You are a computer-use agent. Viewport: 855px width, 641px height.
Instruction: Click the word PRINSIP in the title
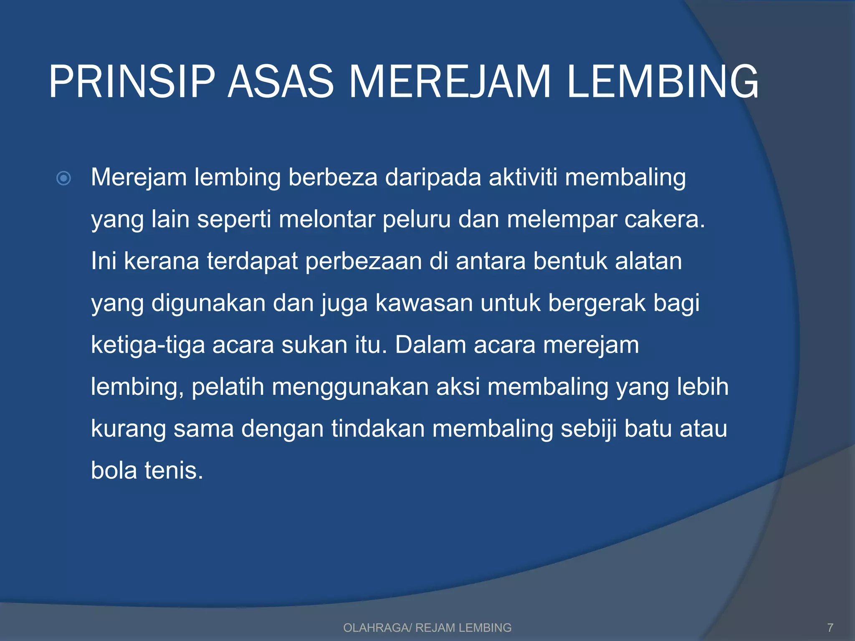pos(132,82)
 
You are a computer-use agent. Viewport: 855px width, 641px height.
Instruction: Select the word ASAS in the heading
pos(280,82)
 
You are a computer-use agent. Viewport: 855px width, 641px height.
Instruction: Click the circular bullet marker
pos(63,179)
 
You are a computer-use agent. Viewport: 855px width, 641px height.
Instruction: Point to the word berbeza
pos(333,177)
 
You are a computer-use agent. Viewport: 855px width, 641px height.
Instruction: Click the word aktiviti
pos(523,177)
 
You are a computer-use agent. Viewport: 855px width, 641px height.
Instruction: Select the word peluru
pos(416,219)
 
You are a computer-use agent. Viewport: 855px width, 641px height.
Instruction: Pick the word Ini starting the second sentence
pos(104,261)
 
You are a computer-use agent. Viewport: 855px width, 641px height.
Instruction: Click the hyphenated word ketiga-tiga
pos(148,346)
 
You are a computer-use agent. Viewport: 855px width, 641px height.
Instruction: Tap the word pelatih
pos(228,387)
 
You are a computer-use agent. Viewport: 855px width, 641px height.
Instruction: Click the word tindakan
pos(378,429)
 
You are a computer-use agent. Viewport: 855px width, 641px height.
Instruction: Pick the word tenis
pos(174,471)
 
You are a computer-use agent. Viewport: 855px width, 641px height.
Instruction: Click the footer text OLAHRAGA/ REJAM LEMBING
pos(427,628)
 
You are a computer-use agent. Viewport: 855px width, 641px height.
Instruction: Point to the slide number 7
pos(830,628)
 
